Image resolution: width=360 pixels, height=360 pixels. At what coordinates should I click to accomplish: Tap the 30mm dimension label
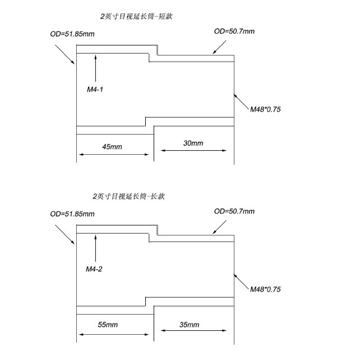tap(193, 143)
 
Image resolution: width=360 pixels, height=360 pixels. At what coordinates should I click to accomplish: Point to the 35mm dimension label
tap(190, 325)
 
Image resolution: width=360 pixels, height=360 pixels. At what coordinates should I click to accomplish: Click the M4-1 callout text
tap(94, 90)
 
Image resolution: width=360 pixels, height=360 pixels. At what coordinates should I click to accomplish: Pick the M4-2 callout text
tap(94, 269)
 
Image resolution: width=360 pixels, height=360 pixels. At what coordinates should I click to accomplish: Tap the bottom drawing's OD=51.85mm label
tap(72, 214)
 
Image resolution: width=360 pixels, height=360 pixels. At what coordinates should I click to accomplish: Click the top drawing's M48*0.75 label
tap(265, 109)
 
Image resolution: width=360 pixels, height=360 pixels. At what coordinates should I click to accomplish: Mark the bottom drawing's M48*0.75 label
tap(265, 289)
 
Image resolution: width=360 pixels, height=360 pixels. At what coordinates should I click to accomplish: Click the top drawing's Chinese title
tap(136, 16)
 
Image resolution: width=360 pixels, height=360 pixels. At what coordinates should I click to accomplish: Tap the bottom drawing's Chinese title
tap(129, 196)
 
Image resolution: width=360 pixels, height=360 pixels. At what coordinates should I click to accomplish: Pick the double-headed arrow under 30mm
tap(194, 150)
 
